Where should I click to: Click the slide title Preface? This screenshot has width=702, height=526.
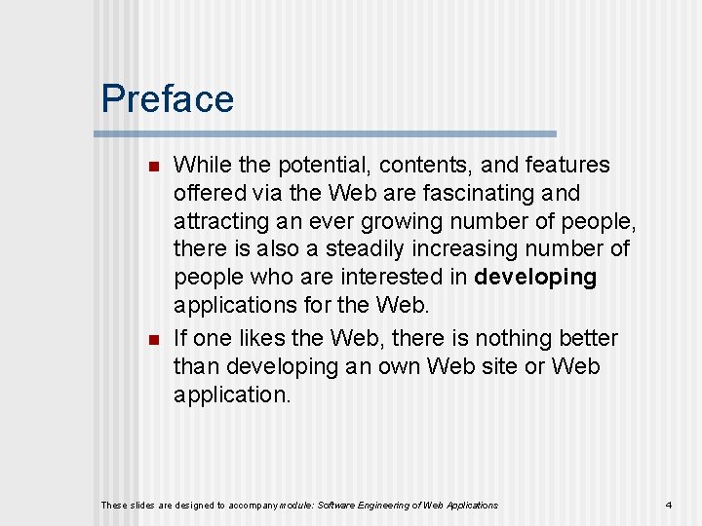coord(168,99)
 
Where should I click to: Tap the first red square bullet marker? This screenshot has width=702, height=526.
coord(152,167)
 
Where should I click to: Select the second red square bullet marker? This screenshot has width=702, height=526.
coord(152,340)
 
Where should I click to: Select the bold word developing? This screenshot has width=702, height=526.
coord(535,278)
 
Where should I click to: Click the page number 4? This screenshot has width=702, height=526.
coord(668,505)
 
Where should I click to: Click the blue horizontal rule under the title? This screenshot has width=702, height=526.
coord(329,133)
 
